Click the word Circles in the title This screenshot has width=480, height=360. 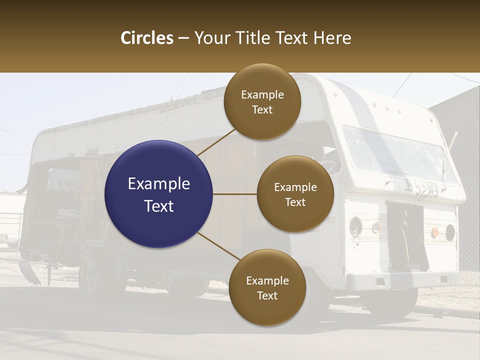(x=146, y=38)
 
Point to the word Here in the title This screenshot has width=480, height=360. (x=332, y=38)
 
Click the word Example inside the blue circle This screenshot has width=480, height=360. (x=158, y=184)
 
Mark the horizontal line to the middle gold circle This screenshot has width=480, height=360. (x=235, y=194)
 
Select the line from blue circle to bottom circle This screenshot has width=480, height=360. (x=218, y=246)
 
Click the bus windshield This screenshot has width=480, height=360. (x=395, y=152)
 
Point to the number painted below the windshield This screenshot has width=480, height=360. (x=424, y=188)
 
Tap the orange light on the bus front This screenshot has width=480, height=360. (x=435, y=231)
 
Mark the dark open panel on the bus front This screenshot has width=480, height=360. (x=407, y=235)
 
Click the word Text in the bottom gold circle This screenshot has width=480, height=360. (x=267, y=296)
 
